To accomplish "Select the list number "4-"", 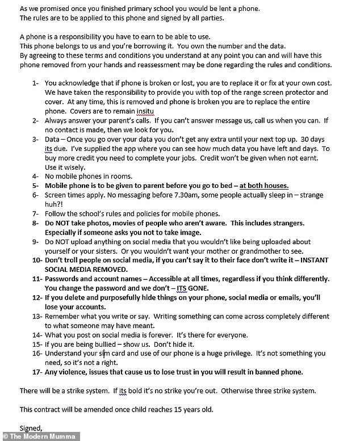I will tap(36, 176).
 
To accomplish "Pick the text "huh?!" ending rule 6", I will tap(55, 204).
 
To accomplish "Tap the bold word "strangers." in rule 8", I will tap(284, 223).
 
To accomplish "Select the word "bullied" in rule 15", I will tap(103, 344).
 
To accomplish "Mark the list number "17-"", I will tap(35, 372).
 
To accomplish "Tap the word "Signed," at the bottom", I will tap(31, 427).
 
